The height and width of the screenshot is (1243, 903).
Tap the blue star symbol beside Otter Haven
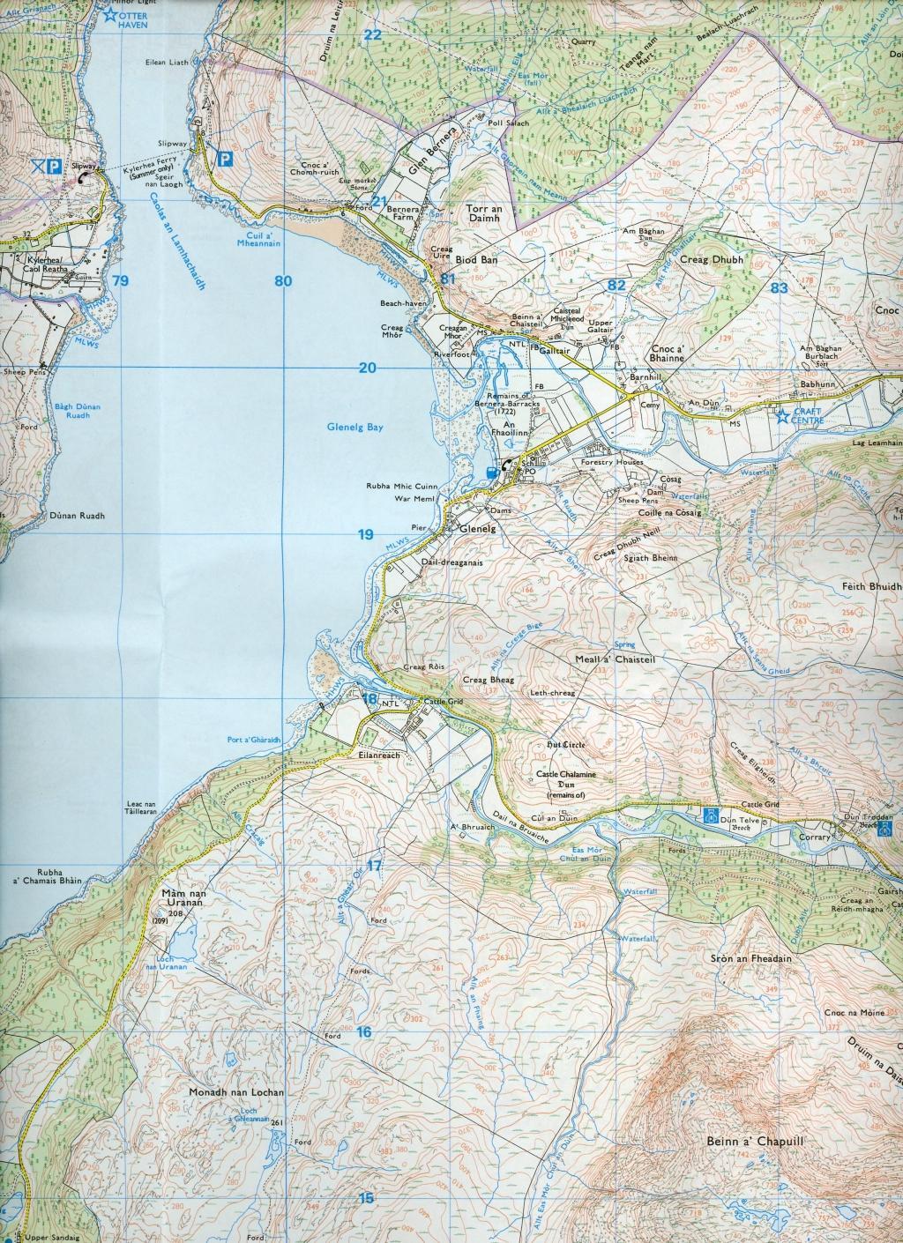110,14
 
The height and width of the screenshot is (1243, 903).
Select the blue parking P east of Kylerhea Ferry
225,160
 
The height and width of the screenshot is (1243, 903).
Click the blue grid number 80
282,282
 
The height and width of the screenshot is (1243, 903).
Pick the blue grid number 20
367,368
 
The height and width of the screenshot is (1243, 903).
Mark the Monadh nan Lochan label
236,1092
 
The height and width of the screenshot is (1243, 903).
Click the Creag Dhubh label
713,260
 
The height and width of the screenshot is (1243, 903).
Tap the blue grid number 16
365,1032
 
